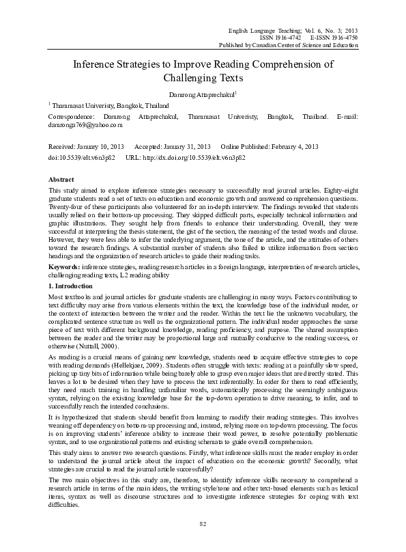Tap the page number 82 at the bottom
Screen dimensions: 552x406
tap(203, 523)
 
